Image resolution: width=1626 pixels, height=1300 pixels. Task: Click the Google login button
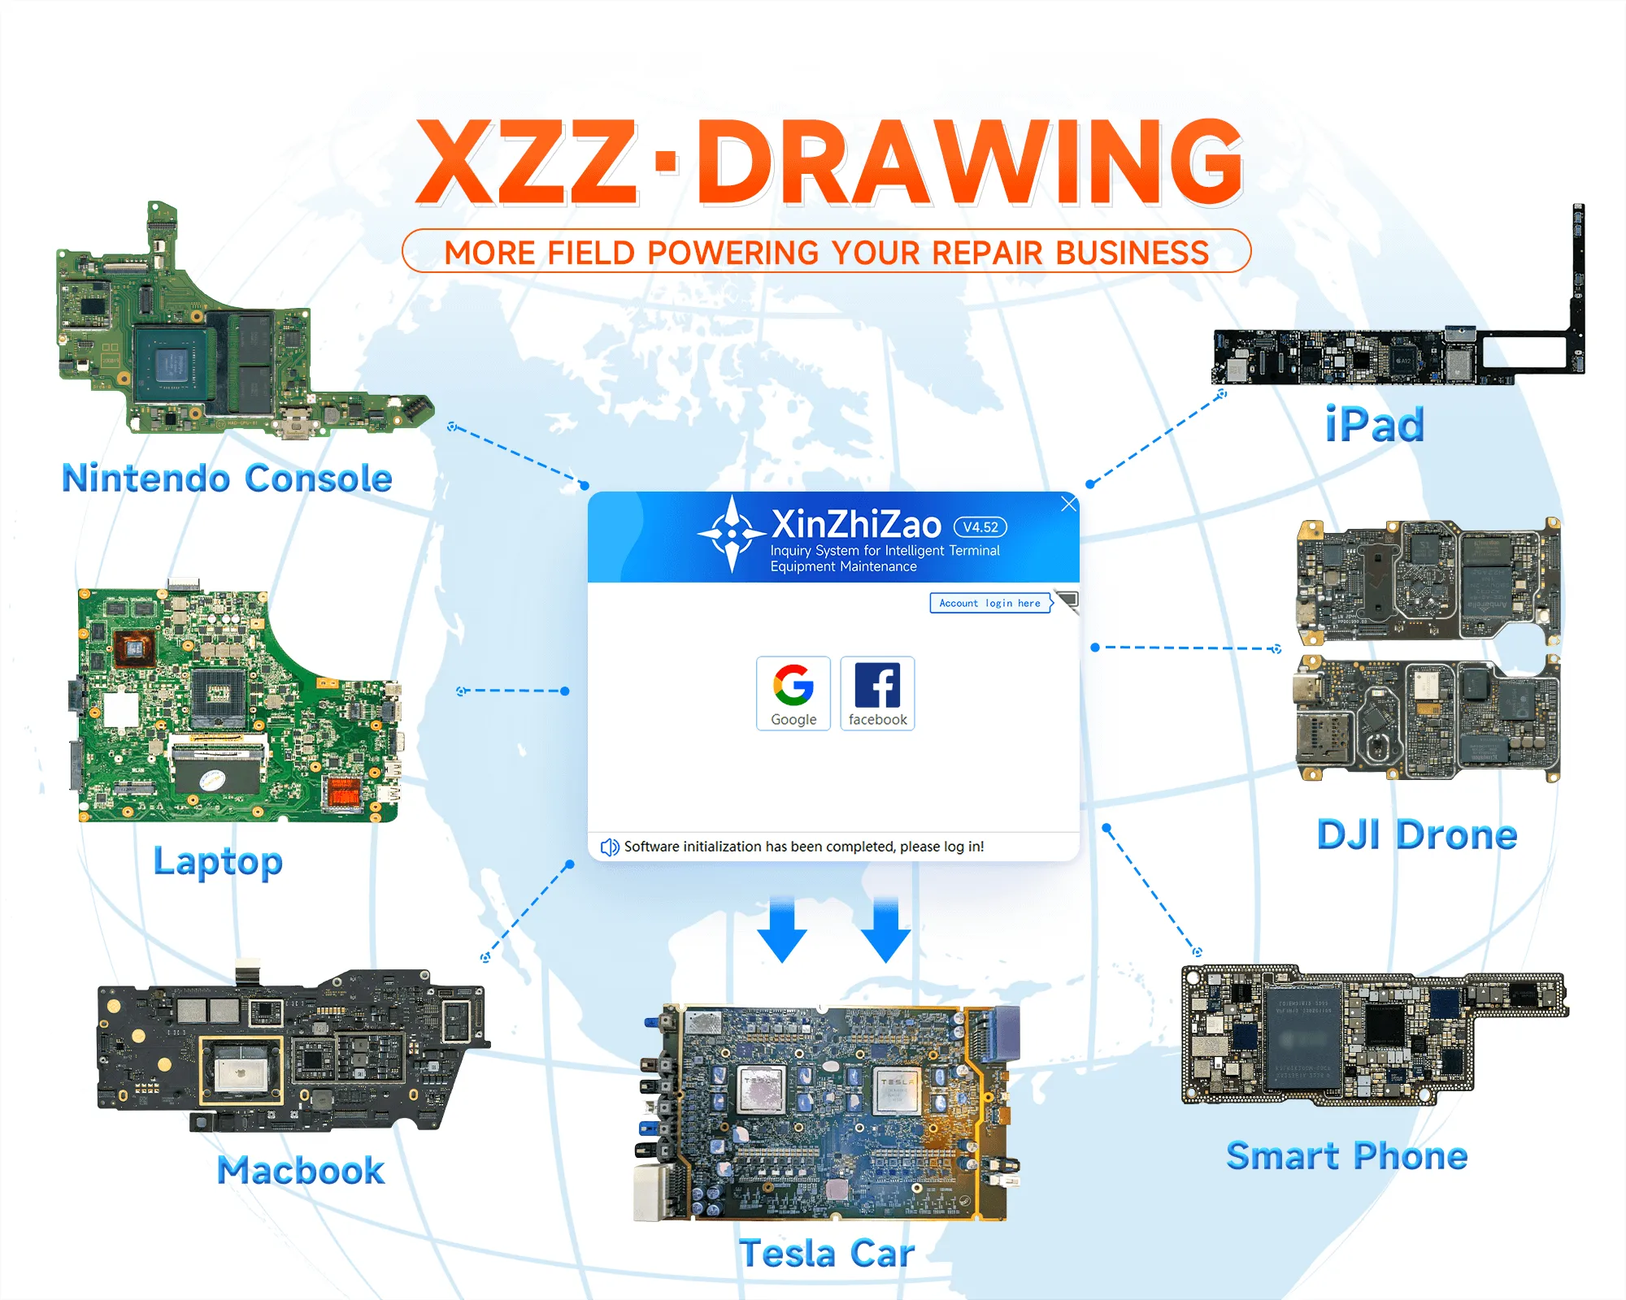[793, 693]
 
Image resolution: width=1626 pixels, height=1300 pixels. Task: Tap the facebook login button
[877, 693]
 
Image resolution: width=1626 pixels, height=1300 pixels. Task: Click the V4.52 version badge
[980, 527]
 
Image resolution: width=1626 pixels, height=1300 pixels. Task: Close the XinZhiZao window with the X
[1069, 504]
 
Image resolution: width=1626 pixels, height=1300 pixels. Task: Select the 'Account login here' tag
[990, 603]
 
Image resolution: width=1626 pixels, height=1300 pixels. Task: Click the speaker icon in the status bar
[609, 847]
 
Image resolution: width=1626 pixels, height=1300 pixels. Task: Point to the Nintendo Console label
[228, 478]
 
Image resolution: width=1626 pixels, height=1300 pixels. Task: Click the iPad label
[1375, 425]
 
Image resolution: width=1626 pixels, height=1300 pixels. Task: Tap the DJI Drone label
[1417, 834]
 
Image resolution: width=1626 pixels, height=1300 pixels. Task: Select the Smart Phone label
[1347, 1155]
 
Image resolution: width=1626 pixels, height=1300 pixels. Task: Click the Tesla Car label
[827, 1253]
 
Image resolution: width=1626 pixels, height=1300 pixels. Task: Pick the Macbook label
[301, 1170]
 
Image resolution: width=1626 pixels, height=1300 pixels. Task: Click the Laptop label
[218, 861]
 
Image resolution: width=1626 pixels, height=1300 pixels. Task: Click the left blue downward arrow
[782, 930]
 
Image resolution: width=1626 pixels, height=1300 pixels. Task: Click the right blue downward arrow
[886, 930]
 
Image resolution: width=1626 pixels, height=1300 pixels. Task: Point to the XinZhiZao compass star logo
[732, 534]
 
